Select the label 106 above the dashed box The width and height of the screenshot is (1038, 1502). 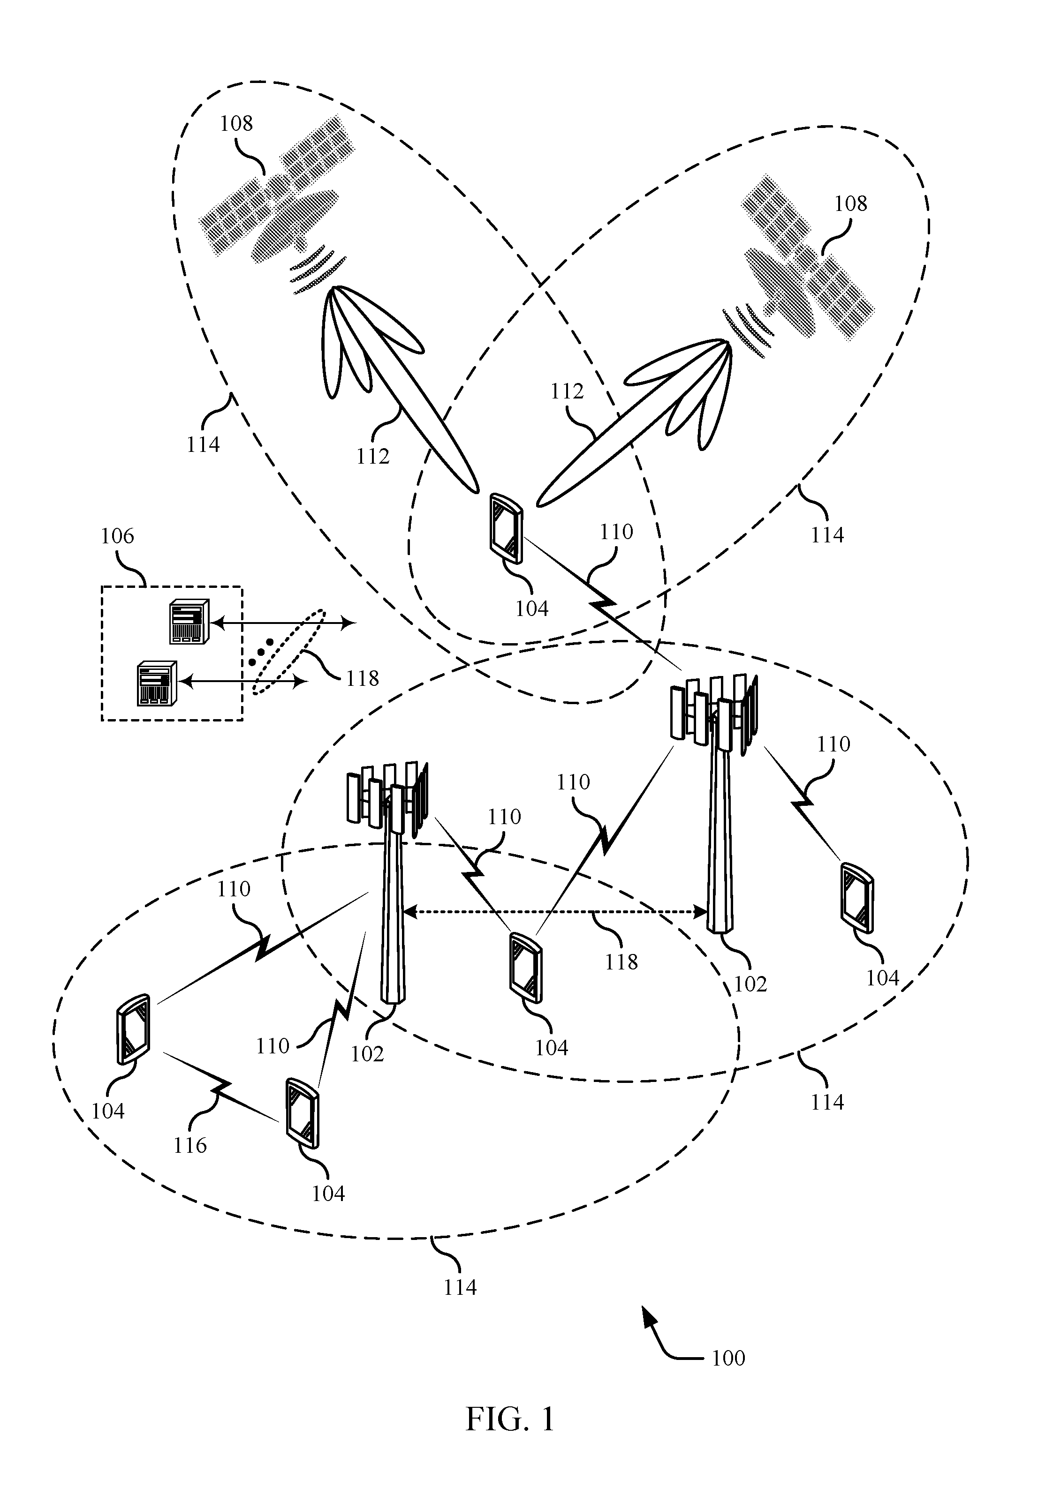pos(117,536)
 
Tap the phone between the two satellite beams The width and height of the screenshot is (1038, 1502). pos(506,528)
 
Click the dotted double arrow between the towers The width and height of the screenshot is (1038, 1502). pos(556,912)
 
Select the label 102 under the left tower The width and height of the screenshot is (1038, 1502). pos(367,1053)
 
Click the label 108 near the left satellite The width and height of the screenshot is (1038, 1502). pos(236,123)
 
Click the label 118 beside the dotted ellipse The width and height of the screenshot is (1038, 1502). pos(362,678)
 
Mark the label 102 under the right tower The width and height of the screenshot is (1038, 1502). pos(750,984)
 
